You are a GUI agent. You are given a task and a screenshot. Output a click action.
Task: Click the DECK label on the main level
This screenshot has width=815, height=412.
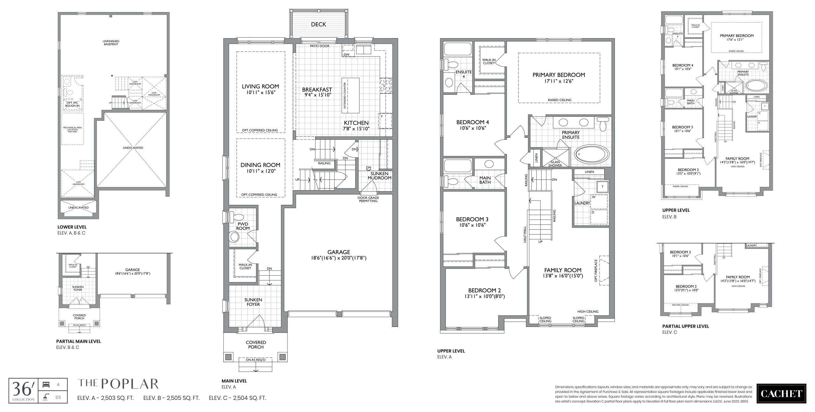[x=318, y=25]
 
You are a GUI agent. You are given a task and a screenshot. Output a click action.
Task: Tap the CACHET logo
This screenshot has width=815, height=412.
[x=781, y=394]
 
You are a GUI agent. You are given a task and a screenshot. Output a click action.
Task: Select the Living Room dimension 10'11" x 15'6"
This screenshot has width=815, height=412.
[x=260, y=93]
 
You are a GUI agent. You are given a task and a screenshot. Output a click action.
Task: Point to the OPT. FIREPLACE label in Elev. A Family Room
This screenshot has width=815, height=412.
[x=596, y=270]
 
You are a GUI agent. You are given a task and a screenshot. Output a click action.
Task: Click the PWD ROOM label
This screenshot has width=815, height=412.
[x=243, y=226]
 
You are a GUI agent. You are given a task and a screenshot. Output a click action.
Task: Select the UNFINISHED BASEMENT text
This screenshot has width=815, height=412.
[x=111, y=43]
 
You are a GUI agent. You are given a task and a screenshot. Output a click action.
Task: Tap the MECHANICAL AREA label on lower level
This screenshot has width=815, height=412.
[x=72, y=129]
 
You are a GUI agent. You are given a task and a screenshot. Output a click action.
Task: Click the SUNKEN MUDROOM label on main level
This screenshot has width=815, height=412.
[x=379, y=176]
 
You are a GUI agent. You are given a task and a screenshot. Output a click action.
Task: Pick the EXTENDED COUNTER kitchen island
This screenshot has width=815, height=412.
[x=351, y=95]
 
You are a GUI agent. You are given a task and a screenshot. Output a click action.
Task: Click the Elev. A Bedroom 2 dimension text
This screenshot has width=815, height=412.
[x=485, y=296]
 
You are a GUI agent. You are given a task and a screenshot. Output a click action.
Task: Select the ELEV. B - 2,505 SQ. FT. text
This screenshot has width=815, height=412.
[x=171, y=398]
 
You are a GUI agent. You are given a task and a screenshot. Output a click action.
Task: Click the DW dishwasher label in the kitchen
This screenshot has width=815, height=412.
[x=347, y=54]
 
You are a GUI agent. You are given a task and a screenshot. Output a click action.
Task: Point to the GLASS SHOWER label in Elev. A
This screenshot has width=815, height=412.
[x=555, y=164]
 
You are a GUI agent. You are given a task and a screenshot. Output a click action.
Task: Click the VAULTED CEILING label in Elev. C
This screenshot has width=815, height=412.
[x=681, y=305]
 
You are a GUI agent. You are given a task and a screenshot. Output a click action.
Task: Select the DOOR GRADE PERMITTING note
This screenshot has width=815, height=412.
[x=368, y=199]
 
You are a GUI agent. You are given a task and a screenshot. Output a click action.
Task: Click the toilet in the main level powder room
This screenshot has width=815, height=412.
[x=235, y=237]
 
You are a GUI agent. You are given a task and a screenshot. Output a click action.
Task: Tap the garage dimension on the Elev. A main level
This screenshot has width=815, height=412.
[x=338, y=258]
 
